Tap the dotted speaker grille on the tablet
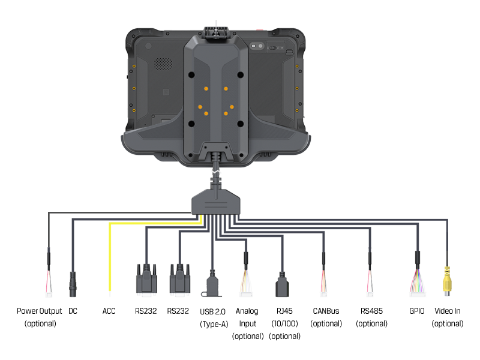[160, 64]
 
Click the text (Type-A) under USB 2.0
[214, 325]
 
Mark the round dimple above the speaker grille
[148, 46]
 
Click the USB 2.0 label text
[212, 311]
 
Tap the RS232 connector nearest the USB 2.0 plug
[179, 280]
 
